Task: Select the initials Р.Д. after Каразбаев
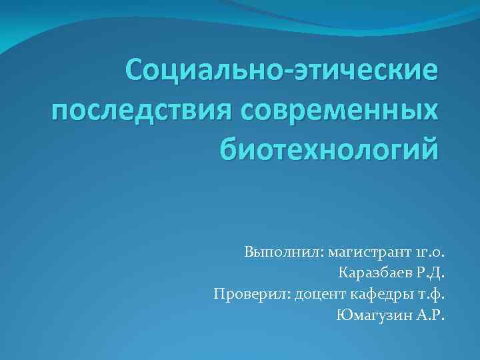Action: coord(429,273)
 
